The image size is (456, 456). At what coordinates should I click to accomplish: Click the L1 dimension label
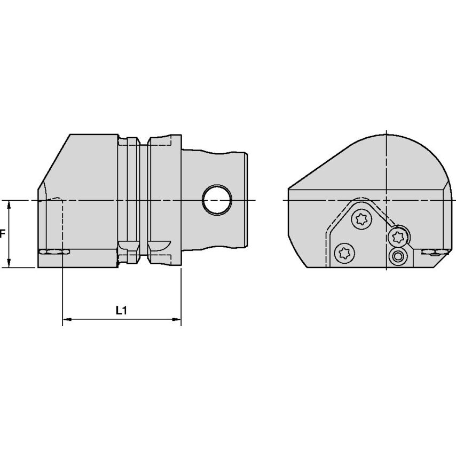click(x=121, y=310)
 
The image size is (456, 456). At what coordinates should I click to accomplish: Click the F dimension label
click(x=3, y=234)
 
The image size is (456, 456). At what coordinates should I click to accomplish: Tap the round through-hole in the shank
click(x=218, y=200)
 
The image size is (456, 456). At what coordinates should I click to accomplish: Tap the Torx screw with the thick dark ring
click(x=398, y=235)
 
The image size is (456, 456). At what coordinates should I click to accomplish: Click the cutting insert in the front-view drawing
click(x=53, y=251)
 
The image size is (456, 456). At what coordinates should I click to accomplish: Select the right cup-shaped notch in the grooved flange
click(x=158, y=246)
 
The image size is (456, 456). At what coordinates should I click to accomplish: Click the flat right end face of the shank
click(x=248, y=200)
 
